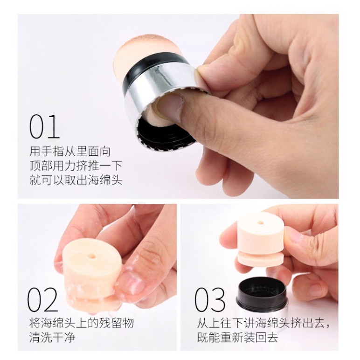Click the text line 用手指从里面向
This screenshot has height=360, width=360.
70,152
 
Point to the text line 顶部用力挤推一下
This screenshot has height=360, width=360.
76,166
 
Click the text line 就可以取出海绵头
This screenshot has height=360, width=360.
76,180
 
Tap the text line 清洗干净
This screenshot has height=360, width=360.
52,338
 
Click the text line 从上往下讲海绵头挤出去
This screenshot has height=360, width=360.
263,324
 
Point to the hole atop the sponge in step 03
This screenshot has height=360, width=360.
260,220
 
